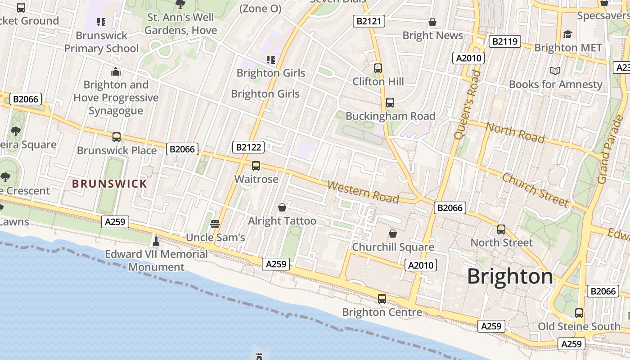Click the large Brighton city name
point(510,276)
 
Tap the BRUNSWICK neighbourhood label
point(110,184)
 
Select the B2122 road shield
point(248,147)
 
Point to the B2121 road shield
point(369,21)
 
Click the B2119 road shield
point(505,42)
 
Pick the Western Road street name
point(363,192)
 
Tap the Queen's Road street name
point(468,104)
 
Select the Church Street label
point(535,190)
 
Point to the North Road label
point(515,133)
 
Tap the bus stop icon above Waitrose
point(256,166)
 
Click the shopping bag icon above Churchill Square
point(393,234)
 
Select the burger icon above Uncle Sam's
point(215,224)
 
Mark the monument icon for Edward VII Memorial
point(156,241)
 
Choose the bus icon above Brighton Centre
point(382,298)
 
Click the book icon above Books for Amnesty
point(555,71)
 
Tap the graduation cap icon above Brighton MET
point(567,34)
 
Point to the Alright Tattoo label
point(282,221)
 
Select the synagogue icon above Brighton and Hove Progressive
point(116,72)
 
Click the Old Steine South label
point(579,326)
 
